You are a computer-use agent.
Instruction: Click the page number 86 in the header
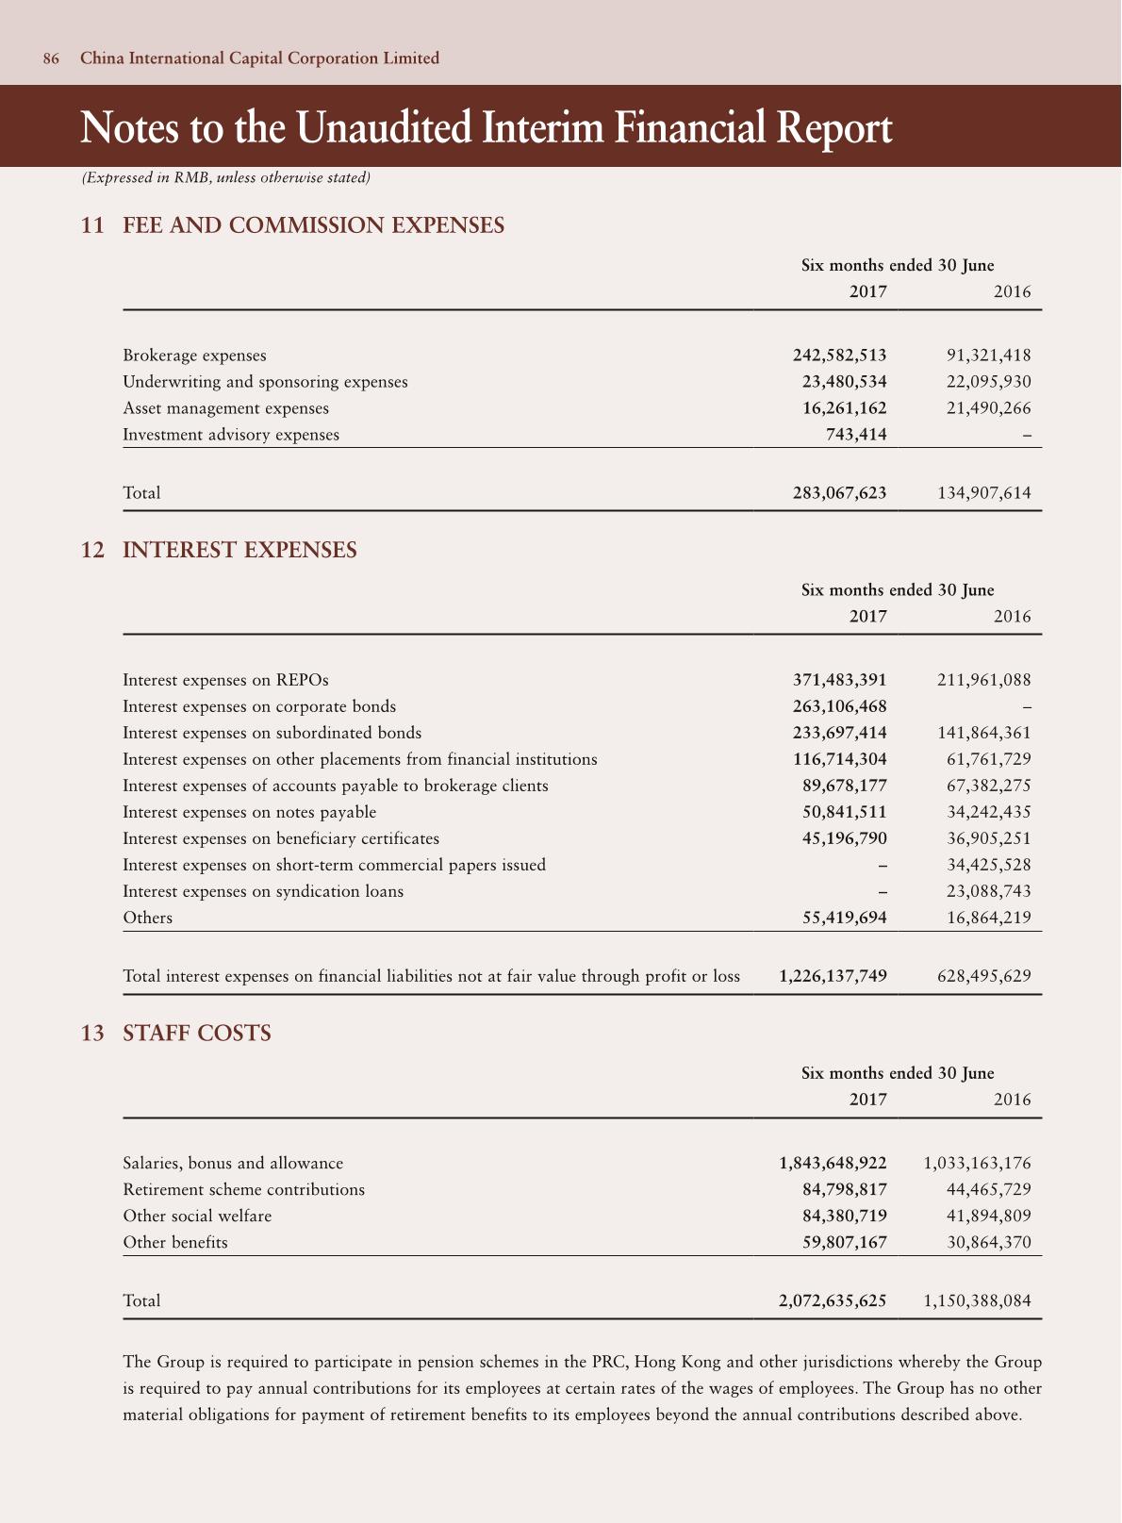(51, 58)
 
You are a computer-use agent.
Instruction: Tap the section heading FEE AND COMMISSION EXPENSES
(313, 225)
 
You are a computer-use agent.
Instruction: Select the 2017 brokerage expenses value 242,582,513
(839, 356)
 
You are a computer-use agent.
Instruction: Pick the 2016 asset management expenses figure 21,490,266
(988, 408)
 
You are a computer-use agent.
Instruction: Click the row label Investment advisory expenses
(231, 435)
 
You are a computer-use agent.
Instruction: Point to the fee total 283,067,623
(839, 492)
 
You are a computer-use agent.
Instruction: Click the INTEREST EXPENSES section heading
(239, 550)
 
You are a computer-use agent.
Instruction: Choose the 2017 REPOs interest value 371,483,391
(839, 680)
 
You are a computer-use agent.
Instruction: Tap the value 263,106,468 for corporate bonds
(839, 706)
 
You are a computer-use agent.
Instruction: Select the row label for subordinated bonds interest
(272, 733)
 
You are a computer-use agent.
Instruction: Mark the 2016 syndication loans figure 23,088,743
(988, 891)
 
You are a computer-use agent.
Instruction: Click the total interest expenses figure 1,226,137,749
(833, 976)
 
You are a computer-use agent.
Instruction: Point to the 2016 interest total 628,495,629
(984, 976)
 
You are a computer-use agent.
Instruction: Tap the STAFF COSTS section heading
(197, 1034)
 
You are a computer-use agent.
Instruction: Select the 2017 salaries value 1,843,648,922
(833, 1163)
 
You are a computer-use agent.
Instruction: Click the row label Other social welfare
(197, 1216)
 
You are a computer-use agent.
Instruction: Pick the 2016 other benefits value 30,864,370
(988, 1242)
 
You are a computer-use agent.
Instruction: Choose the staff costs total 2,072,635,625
(833, 1300)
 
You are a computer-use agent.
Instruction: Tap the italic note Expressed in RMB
(226, 177)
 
